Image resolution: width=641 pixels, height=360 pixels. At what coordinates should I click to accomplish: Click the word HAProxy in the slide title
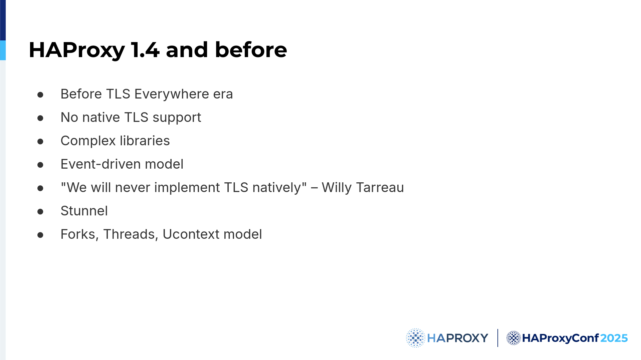click(77, 50)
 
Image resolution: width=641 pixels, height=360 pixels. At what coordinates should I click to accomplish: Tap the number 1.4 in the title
click(145, 50)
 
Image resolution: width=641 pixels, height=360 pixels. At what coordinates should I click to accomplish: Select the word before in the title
click(251, 50)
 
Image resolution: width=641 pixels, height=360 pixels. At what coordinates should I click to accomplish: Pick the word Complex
click(88, 141)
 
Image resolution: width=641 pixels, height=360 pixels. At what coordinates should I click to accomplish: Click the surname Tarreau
click(380, 187)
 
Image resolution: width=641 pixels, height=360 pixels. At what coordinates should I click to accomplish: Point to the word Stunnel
click(84, 211)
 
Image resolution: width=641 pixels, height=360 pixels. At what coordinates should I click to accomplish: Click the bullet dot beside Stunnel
click(40, 211)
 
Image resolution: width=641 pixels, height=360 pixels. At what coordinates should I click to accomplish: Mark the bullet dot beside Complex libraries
click(40, 141)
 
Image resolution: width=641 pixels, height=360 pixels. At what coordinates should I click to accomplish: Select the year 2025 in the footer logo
click(614, 338)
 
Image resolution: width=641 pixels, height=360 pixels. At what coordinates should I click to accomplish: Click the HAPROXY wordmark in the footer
click(458, 338)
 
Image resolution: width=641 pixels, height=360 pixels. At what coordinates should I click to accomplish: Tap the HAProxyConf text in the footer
click(561, 338)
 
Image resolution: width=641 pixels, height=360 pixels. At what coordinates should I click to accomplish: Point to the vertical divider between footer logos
click(497, 338)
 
